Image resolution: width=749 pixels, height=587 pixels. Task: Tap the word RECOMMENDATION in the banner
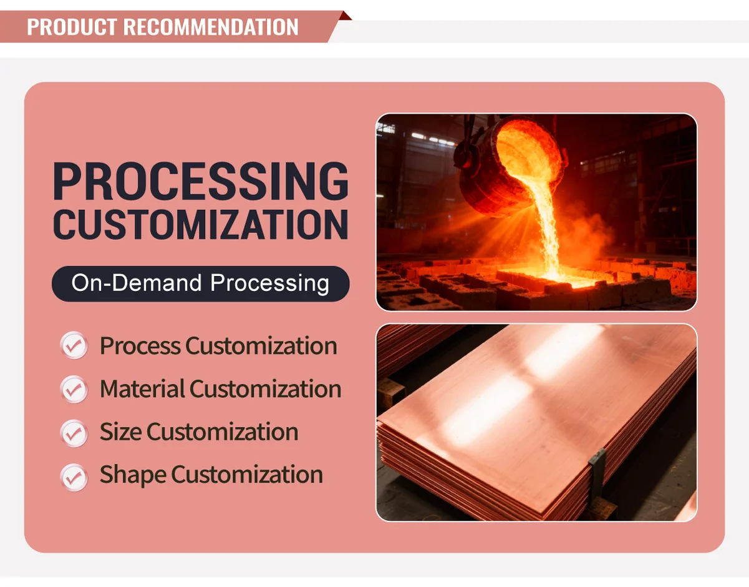pyautogui.click(x=211, y=27)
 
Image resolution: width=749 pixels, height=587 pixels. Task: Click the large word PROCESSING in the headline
pyautogui.click(x=201, y=181)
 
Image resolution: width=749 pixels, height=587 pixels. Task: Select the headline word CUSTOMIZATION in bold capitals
pyautogui.click(x=201, y=224)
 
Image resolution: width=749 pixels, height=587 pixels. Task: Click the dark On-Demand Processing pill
pyautogui.click(x=201, y=284)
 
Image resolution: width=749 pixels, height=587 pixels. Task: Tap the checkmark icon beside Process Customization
pyautogui.click(x=74, y=345)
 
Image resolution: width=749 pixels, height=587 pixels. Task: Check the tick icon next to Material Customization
pyautogui.click(x=74, y=389)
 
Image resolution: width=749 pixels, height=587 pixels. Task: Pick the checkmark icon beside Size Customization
pyautogui.click(x=74, y=433)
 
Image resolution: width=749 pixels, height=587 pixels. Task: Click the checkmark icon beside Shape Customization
pyautogui.click(x=74, y=477)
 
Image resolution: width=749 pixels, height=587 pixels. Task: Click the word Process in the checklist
pyautogui.click(x=140, y=346)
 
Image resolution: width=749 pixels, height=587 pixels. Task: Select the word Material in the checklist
pyautogui.click(x=142, y=389)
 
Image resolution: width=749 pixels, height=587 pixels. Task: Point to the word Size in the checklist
pyautogui.click(x=120, y=432)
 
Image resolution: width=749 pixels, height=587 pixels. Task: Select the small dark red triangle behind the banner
pyautogui.click(x=345, y=16)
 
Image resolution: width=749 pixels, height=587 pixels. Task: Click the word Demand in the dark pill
pyautogui.click(x=157, y=283)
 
